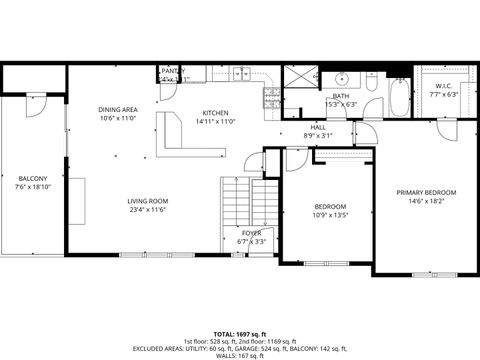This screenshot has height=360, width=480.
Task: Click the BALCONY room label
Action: (x=33, y=177)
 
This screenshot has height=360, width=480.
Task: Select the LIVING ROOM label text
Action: (x=146, y=200)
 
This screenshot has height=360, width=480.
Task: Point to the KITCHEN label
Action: (x=216, y=112)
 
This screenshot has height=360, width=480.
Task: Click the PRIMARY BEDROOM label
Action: (x=426, y=192)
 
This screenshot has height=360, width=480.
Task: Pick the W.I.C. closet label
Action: (x=443, y=86)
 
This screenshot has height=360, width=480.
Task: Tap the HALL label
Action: (x=317, y=127)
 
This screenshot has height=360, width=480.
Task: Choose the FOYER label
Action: (x=251, y=232)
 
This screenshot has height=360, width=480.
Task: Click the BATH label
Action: (x=341, y=96)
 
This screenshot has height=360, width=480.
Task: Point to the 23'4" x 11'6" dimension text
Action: (x=146, y=209)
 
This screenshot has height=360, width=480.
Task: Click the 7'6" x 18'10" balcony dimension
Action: (x=33, y=186)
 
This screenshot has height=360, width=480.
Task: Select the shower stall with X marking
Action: (x=297, y=79)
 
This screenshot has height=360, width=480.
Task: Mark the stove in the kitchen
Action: (x=270, y=97)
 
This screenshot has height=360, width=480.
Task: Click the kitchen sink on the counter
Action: (x=241, y=74)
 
